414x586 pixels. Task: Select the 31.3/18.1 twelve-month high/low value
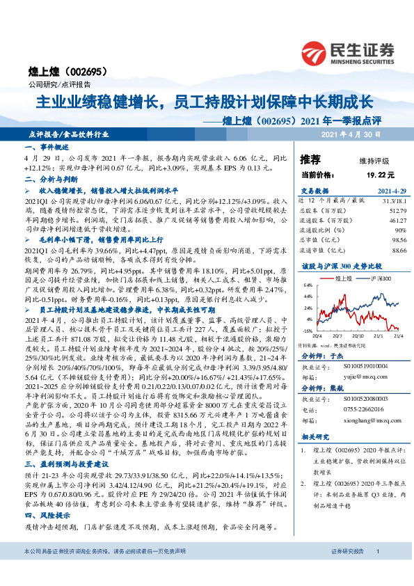(x=391, y=201)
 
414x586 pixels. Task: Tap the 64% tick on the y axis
(x=307, y=285)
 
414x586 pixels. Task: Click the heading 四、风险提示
(x=47, y=514)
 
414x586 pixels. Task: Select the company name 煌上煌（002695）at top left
(x=55, y=72)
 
